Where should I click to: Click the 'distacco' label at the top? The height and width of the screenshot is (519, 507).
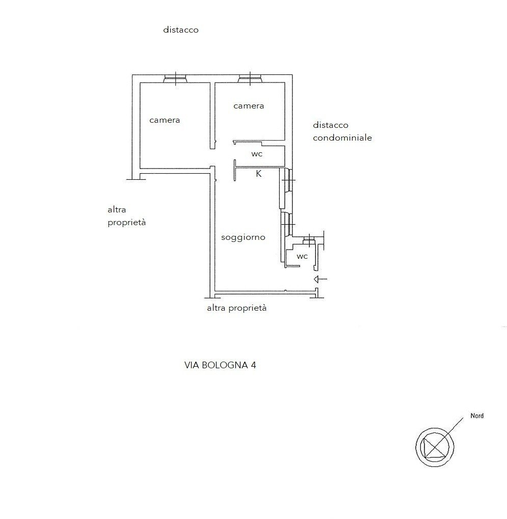[x=181, y=30]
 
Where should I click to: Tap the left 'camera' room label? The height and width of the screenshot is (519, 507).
[x=165, y=120]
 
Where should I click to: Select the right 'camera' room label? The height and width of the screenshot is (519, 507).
[x=249, y=106]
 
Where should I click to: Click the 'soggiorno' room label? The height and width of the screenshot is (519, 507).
[x=243, y=237]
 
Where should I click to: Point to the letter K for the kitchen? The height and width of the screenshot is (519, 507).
[x=259, y=174]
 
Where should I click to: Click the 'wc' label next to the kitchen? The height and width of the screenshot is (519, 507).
[x=257, y=154]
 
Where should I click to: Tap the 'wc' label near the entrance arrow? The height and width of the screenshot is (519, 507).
[x=302, y=256]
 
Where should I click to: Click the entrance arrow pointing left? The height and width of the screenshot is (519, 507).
[x=320, y=279]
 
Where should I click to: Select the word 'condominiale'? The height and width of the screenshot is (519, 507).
[x=342, y=138]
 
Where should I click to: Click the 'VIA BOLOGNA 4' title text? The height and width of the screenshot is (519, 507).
[x=220, y=365]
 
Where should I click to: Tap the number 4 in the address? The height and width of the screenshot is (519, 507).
[x=253, y=365]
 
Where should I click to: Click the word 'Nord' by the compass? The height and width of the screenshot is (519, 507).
[x=477, y=416]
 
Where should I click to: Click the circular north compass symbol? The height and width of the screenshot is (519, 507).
[x=435, y=447]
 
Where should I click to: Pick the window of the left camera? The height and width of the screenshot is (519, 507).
[x=175, y=79]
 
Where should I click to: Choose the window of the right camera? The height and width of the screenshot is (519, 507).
[x=250, y=79]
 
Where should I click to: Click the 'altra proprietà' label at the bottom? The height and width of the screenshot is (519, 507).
[x=237, y=308]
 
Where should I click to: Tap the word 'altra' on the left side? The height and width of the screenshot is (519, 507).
[x=117, y=209]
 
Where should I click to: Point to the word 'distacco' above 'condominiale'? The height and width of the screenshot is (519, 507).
[x=331, y=125]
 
